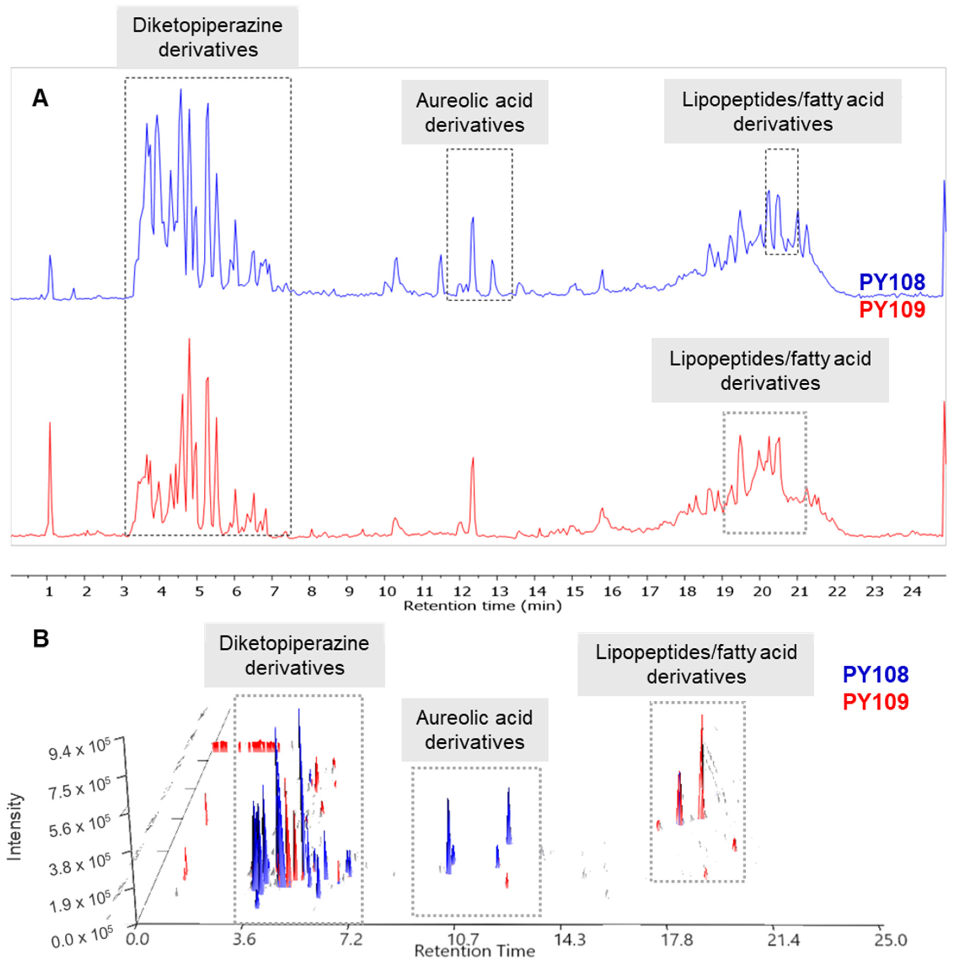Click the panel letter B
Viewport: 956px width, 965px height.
41,638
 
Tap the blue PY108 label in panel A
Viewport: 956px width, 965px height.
892,282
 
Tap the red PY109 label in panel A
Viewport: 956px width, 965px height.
892,310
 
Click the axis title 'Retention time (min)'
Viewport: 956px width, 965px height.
482,606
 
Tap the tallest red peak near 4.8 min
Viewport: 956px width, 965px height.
189,340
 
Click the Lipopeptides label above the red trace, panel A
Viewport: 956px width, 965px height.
770,371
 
